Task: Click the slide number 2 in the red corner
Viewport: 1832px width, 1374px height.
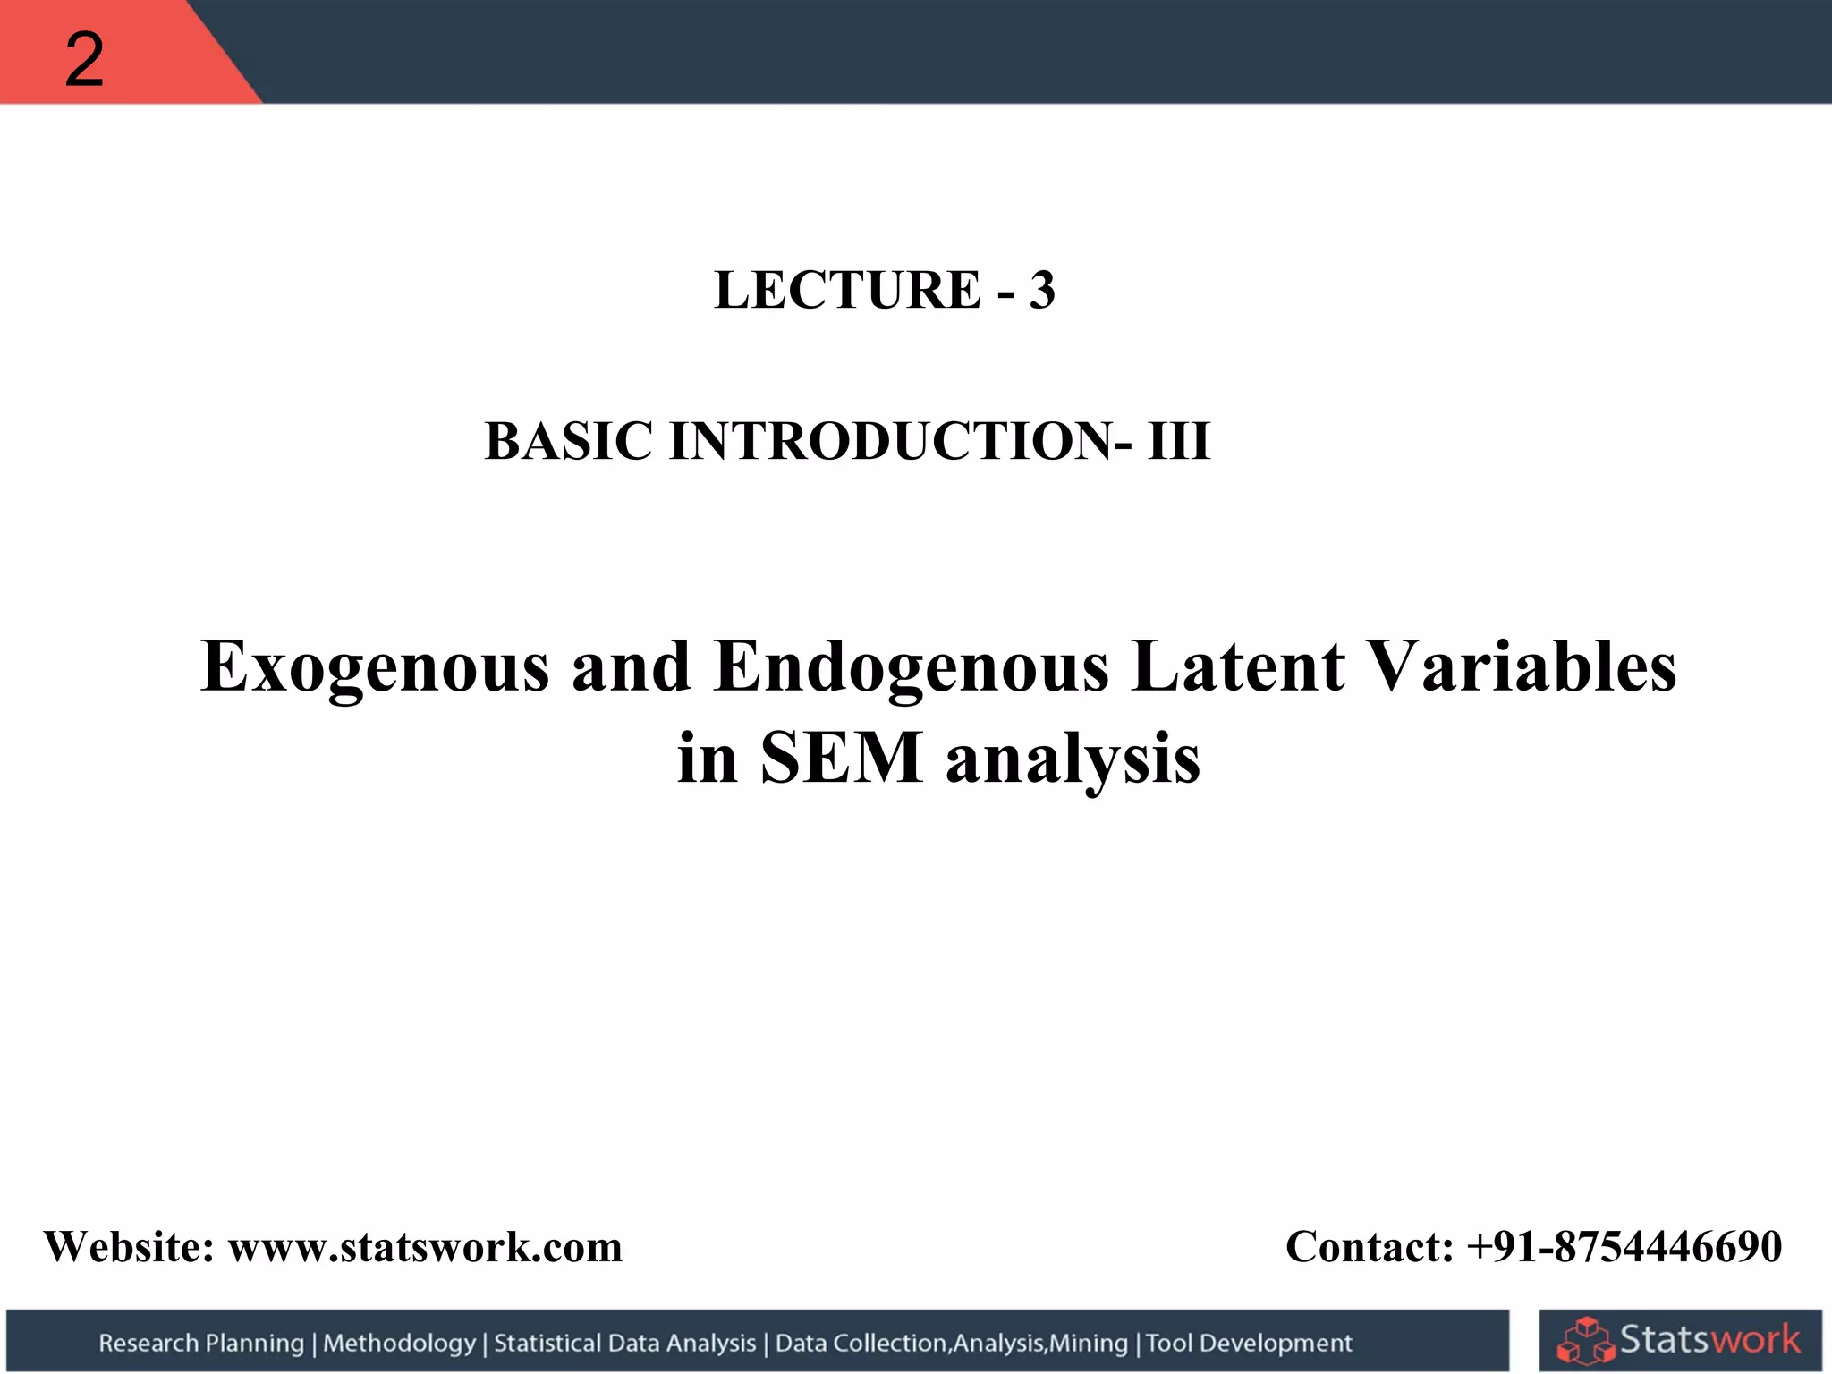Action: (84, 61)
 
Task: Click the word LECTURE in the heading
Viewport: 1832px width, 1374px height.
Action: (847, 291)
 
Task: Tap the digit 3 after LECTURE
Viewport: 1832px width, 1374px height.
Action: (1041, 291)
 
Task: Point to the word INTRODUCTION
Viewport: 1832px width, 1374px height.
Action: (891, 442)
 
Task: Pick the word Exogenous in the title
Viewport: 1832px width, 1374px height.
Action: (375, 667)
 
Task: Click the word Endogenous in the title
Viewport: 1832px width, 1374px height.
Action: (911, 667)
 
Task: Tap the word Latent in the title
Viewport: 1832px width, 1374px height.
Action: (1237, 667)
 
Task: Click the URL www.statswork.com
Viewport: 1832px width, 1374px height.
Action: (425, 1247)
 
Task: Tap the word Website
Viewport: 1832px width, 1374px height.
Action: (129, 1247)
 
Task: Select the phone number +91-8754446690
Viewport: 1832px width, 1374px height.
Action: (1624, 1247)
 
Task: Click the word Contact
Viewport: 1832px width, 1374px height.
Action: (1369, 1247)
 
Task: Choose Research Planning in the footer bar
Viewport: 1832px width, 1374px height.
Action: (201, 1343)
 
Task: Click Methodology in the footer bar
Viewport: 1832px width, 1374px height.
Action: (399, 1343)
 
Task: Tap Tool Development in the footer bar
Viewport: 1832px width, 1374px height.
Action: (1249, 1343)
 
